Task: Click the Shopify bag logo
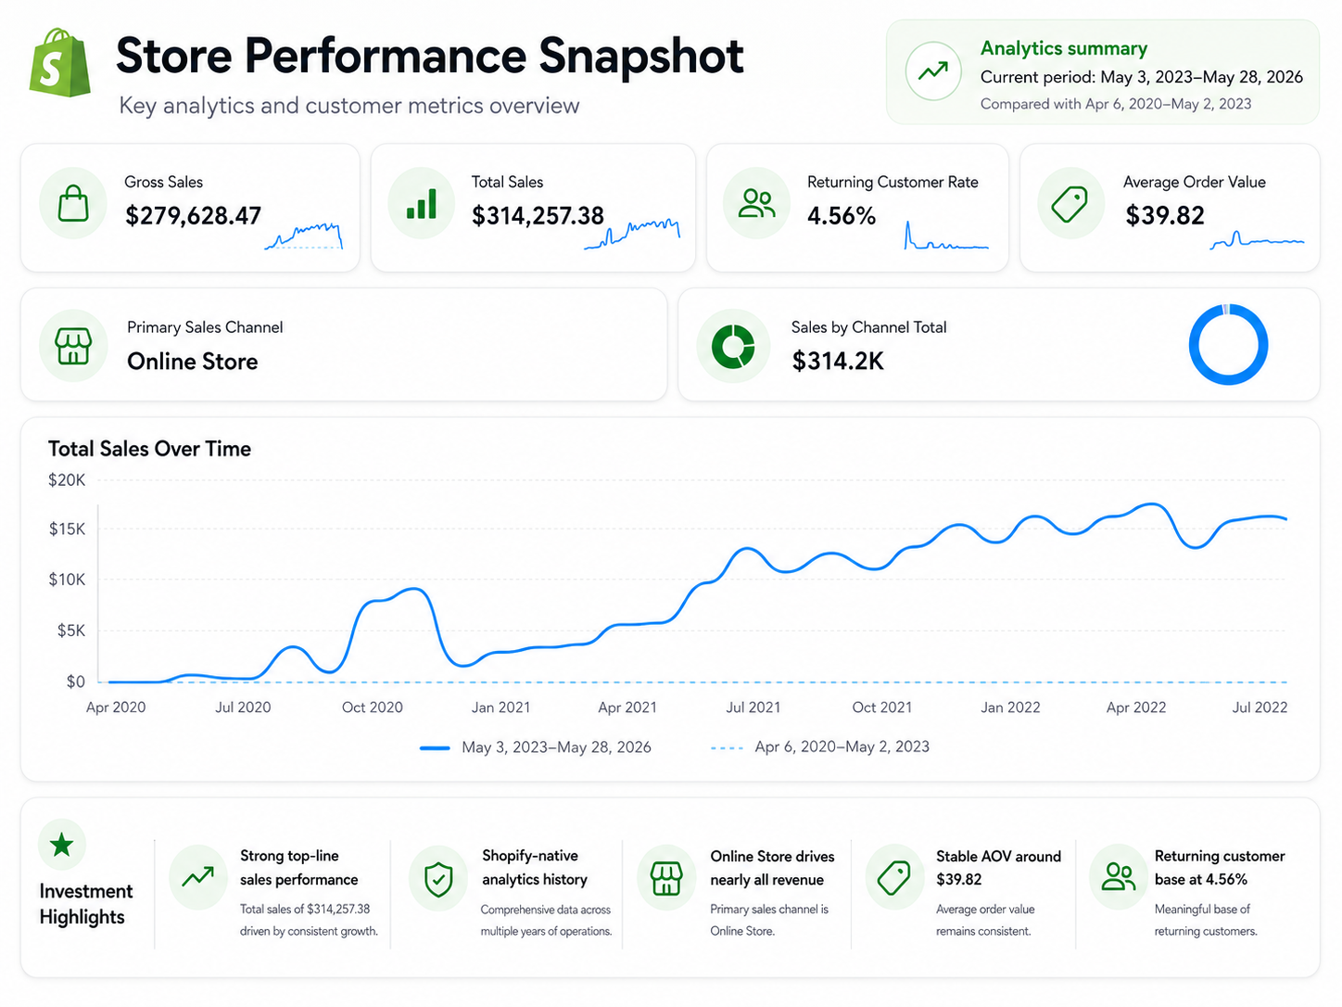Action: [x=60, y=62]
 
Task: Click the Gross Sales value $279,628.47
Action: [x=193, y=216]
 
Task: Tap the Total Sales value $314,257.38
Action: [x=538, y=216]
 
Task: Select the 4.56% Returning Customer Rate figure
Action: [x=842, y=216]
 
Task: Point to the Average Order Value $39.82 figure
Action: [x=1165, y=215]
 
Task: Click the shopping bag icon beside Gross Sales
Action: [x=73, y=203]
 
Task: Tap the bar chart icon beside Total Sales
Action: [x=422, y=204]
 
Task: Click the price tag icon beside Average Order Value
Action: [x=1070, y=204]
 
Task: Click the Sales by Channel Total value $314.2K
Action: [x=838, y=361]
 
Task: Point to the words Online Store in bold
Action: [x=193, y=362]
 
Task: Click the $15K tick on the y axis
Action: [x=68, y=529]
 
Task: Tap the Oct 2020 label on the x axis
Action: [x=373, y=707]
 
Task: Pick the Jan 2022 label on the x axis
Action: [x=1010, y=707]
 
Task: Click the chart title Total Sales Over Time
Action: [x=150, y=449]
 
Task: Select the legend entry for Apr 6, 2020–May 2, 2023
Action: [x=820, y=746]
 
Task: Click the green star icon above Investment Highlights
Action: [x=62, y=845]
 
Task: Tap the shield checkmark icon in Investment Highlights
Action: [x=438, y=880]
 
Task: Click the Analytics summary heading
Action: [x=1064, y=48]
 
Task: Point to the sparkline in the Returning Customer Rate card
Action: [x=946, y=236]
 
